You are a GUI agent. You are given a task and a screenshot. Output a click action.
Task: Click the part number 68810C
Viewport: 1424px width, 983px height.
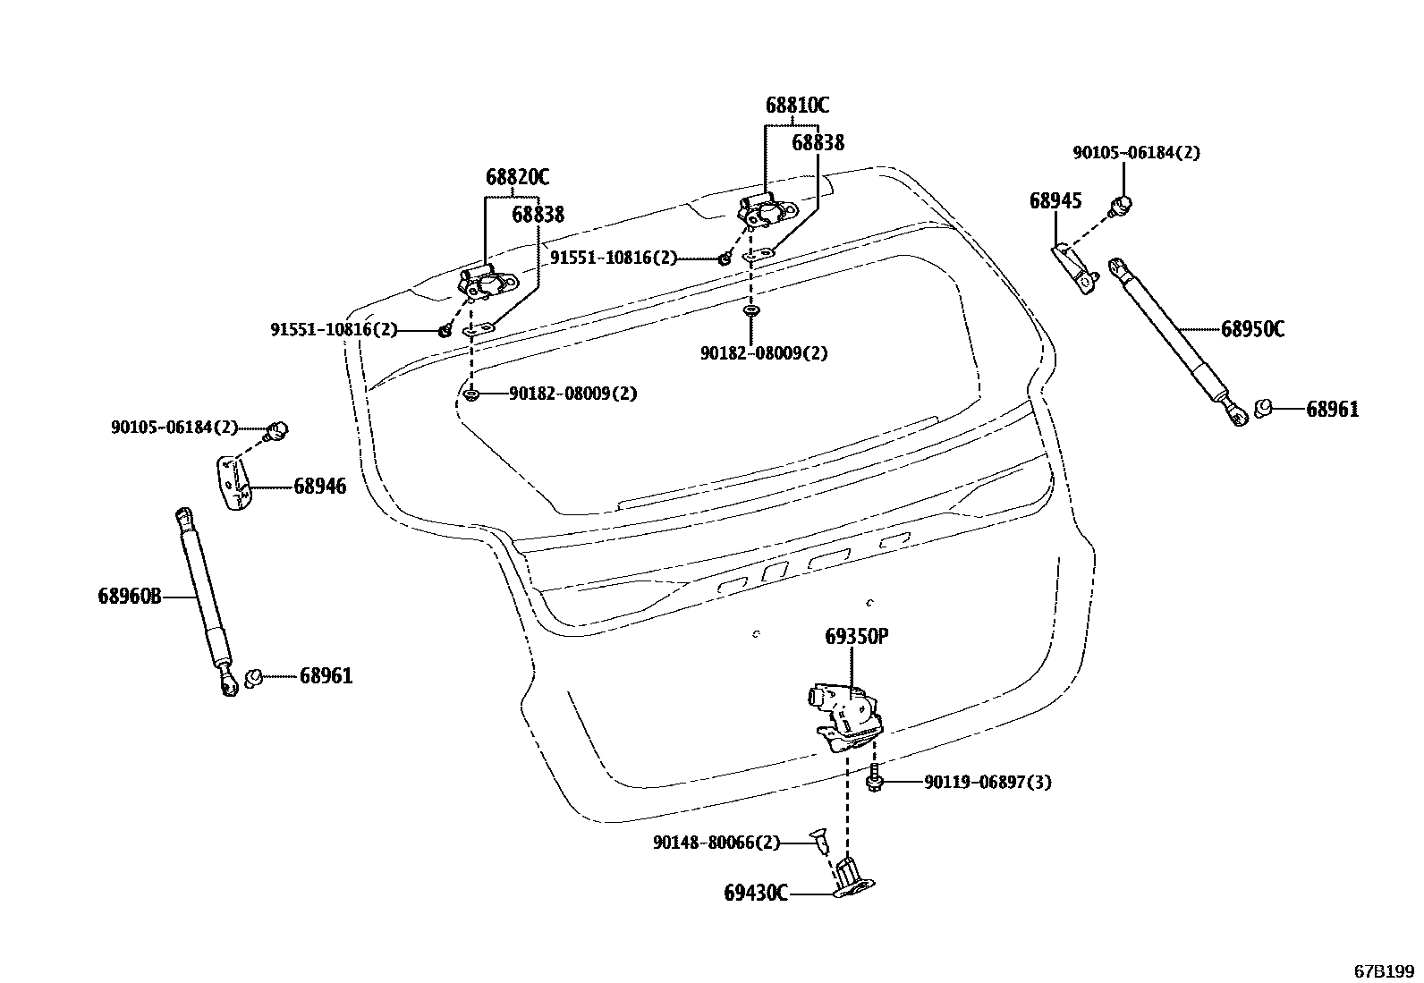(x=796, y=106)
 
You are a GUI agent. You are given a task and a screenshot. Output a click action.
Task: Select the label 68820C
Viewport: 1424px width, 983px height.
(x=517, y=177)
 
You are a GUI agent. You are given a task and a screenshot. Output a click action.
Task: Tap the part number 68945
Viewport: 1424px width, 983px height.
(x=1055, y=200)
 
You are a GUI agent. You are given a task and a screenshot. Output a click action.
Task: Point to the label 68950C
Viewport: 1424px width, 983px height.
(x=1252, y=329)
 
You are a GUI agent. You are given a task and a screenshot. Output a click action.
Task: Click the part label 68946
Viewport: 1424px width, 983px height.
(x=319, y=487)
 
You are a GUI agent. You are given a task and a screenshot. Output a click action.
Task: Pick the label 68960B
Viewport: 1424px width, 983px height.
(x=130, y=596)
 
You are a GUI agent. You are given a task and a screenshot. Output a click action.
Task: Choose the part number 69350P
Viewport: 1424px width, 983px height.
(x=856, y=637)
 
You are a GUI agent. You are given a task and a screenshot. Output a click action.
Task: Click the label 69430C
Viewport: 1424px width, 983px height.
(x=756, y=893)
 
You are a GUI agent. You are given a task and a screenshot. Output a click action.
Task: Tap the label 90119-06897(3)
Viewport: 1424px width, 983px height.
(x=987, y=783)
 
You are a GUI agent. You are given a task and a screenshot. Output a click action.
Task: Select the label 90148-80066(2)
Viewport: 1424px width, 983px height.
(x=716, y=843)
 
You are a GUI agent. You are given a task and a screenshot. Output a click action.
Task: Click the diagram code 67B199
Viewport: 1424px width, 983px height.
(x=1383, y=970)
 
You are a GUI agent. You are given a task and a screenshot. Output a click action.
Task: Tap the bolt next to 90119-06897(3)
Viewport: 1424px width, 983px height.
(x=875, y=781)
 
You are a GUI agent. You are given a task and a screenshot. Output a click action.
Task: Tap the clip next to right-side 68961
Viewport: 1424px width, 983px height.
(x=1264, y=409)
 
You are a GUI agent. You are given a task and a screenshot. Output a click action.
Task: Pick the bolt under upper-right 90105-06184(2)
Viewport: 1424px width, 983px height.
(x=1121, y=206)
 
